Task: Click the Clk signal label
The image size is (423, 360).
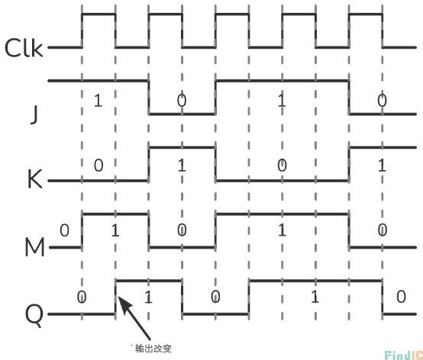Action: [x=24, y=48]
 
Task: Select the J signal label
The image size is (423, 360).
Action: [x=34, y=114]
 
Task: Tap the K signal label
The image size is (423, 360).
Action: [x=35, y=179]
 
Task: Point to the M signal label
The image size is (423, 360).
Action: [x=34, y=247]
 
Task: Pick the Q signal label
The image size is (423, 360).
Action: [x=34, y=315]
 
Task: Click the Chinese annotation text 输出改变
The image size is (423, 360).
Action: [x=153, y=349]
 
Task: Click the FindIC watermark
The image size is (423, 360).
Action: [x=404, y=355]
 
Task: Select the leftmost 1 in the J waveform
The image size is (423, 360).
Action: [x=98, y=101]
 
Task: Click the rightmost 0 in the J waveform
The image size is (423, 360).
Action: [x=382, y=101]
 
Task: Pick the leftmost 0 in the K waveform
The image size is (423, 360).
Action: [x=98, y=166]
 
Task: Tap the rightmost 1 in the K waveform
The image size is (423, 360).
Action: [x=382, y=166]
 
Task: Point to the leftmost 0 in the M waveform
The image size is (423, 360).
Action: [x=64, y=230]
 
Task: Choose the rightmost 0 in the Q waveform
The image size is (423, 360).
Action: [x=401, y=297]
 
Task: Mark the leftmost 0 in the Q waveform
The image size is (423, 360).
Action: [x=82, y=297]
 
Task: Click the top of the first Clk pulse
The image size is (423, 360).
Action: [x=98, y=14]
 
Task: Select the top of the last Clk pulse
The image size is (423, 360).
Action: [x=366, y=14]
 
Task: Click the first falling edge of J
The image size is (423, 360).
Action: [x=149, y=98]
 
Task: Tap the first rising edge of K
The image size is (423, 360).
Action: [x=149, y=164]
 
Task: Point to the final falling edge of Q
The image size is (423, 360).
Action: [x=383, y=297]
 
